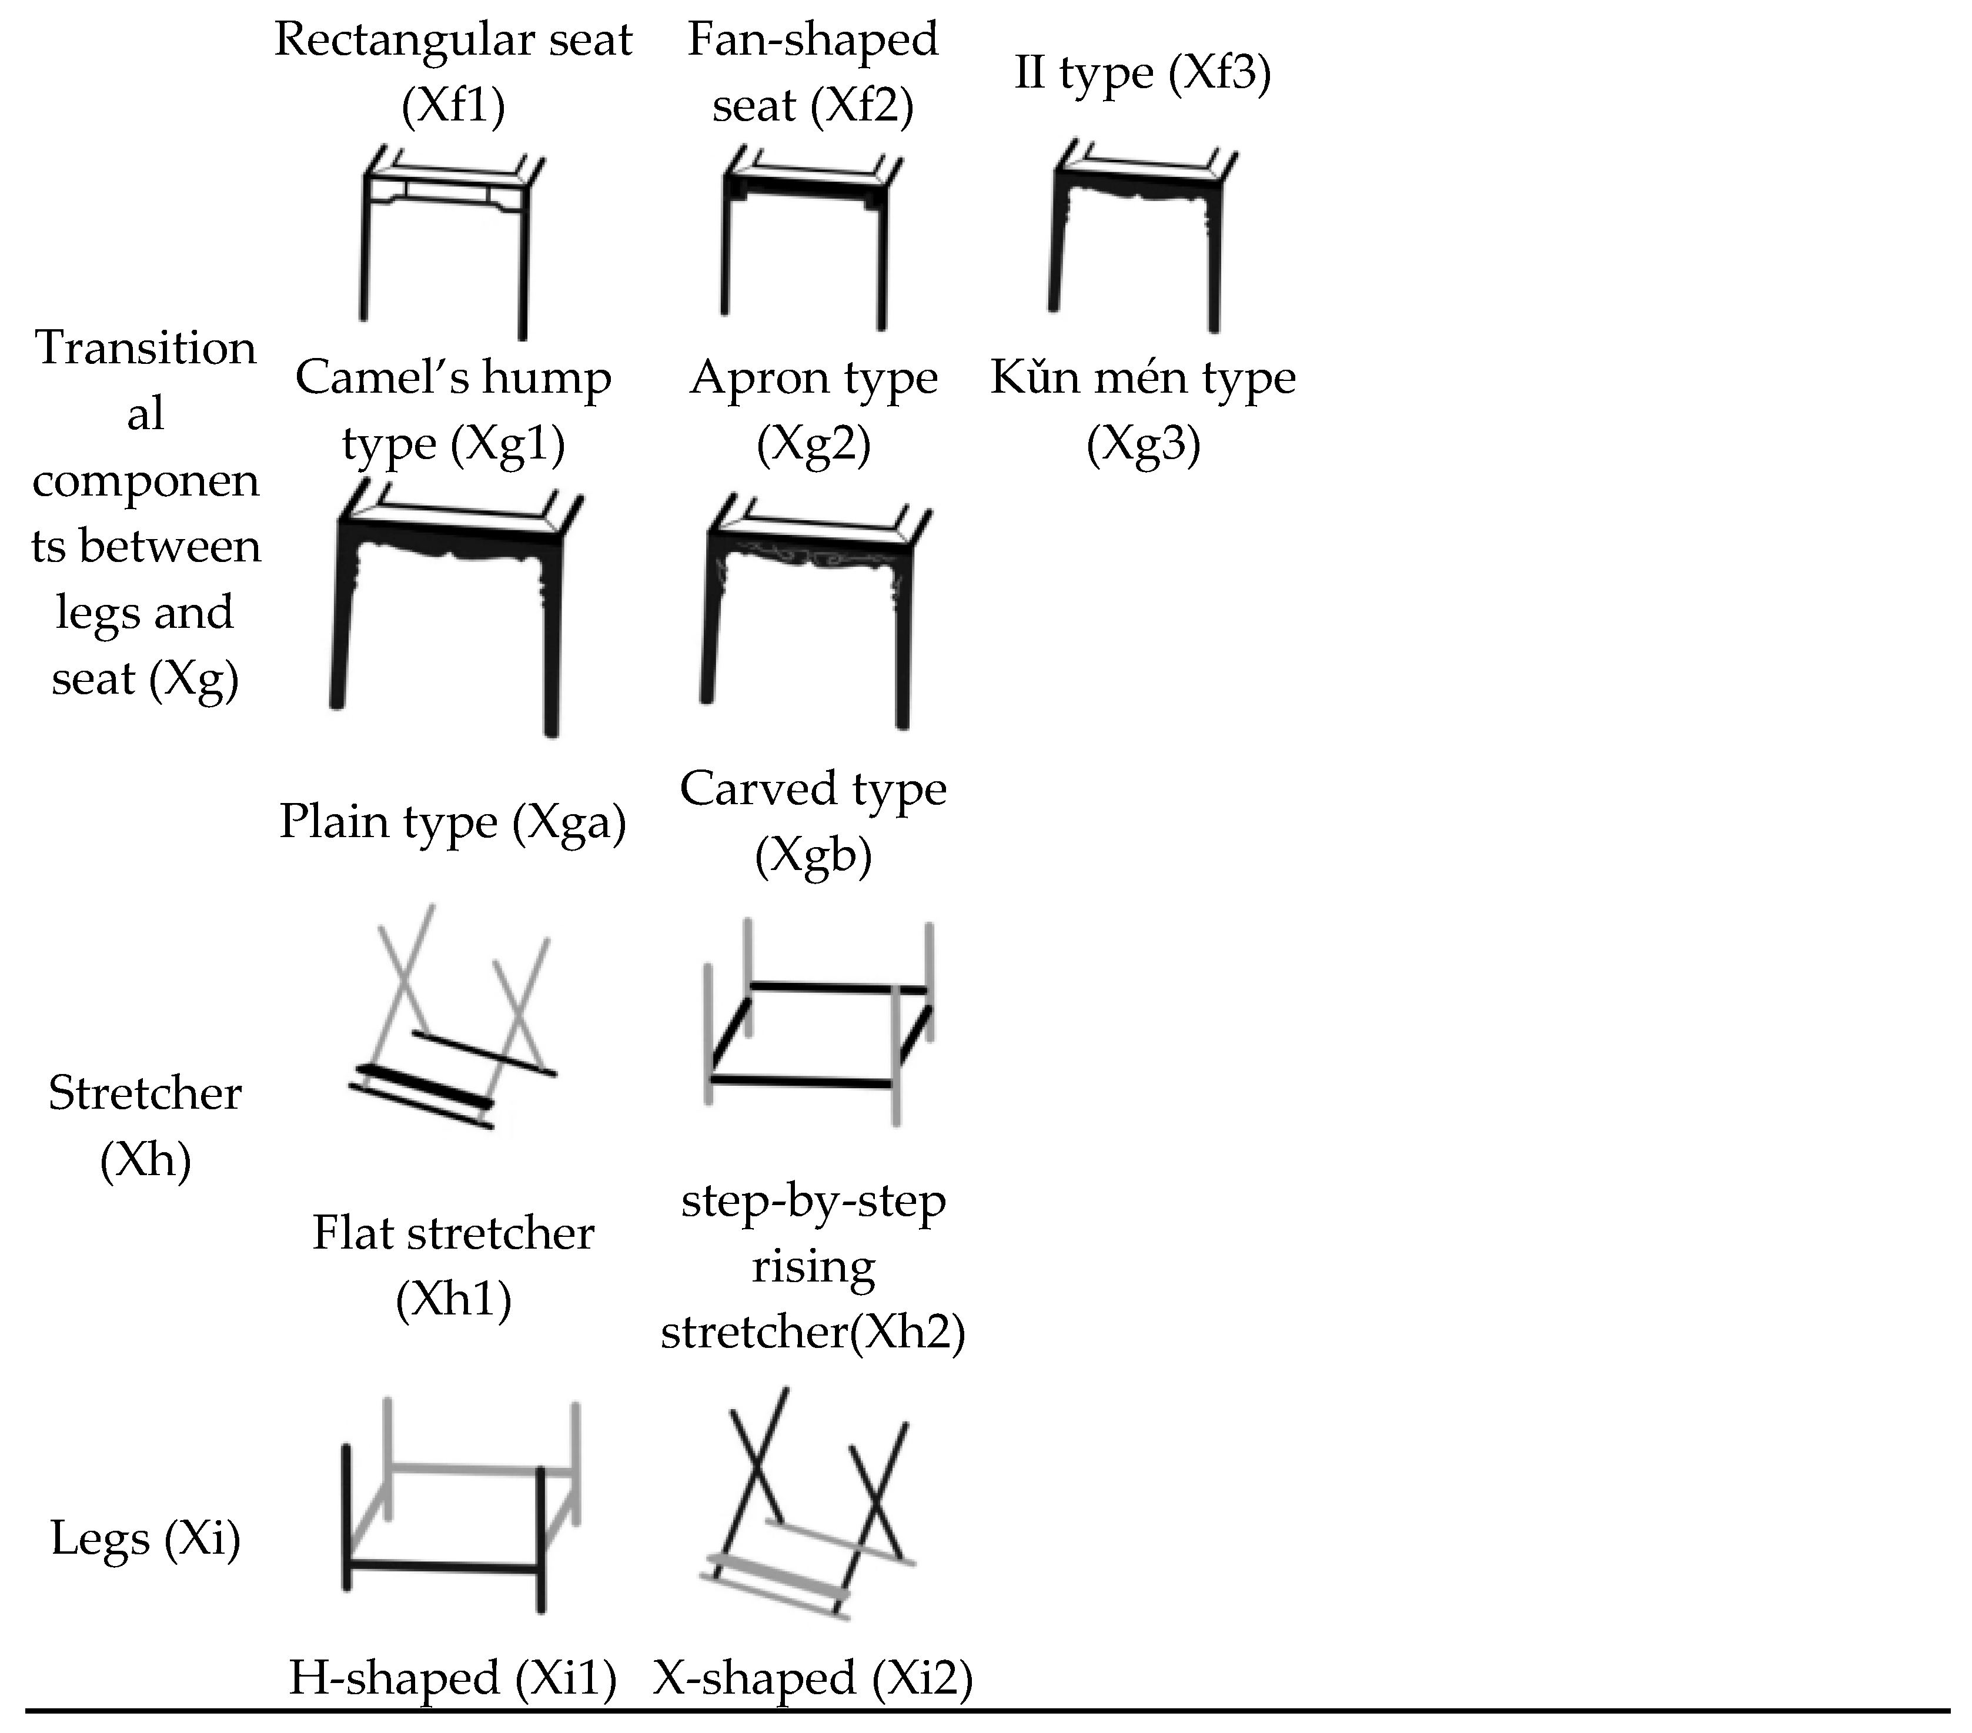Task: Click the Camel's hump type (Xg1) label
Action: [453, 410]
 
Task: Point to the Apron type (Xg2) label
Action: [813, 410]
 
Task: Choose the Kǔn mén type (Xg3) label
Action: [1143, 410]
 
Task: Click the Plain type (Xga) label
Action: [453, 822]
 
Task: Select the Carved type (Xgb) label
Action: [813, 822]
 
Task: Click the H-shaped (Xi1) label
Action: [453, 1677]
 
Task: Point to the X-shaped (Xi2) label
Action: [813, 1677]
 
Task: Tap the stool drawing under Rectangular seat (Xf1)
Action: [453, 242]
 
